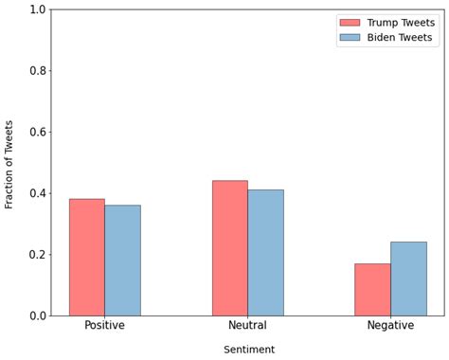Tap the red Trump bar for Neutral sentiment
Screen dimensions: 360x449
click(229, 248)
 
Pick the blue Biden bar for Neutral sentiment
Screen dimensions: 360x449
click(265, 253)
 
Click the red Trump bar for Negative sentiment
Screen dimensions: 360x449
click(372, 289)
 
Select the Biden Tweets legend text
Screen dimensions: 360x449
click(399, 38)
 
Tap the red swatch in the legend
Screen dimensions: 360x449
click(350, 22)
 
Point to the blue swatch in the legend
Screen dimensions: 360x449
click(350, 38)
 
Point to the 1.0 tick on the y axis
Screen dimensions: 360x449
click(37, 9)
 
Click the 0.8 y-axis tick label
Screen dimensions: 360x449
click(37, 71)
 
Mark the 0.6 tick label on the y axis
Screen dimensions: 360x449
click(37, 132)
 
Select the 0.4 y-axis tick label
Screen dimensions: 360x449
click(37, 193)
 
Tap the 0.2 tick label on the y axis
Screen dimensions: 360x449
click(37, 255)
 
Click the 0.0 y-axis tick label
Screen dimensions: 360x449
click(37, 315)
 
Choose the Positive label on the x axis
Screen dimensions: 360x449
click(104, 326)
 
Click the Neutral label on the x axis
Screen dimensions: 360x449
click(247, 326)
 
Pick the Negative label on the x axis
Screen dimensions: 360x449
click(390, 326)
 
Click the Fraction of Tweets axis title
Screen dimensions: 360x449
click(9, 164)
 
